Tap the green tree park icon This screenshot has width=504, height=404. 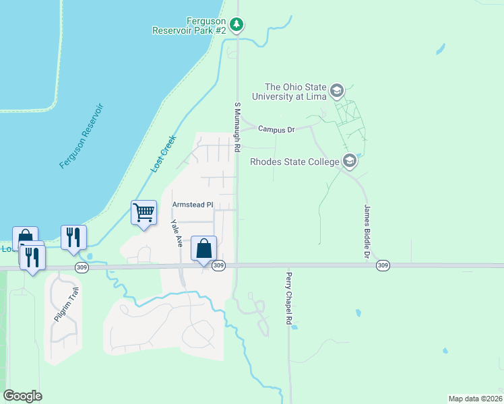[236, 26]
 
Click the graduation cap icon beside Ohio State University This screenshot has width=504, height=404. [337, 90]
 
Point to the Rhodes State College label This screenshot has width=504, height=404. [294, 162]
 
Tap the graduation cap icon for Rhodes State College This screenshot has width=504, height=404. [349, 161]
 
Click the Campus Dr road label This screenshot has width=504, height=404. [276, 129]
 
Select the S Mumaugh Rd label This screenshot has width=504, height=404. [237, 127]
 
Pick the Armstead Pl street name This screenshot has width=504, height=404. [193, 205]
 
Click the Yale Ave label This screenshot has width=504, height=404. [177, 234]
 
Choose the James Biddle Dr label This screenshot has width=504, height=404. [367, 232]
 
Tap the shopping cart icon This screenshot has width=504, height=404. [144, 213]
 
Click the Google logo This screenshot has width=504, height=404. [22, 396]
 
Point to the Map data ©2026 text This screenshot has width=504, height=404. [475, 398]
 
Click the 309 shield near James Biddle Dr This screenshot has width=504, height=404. [383, 266]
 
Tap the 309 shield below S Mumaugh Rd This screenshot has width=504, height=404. [218, 266]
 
